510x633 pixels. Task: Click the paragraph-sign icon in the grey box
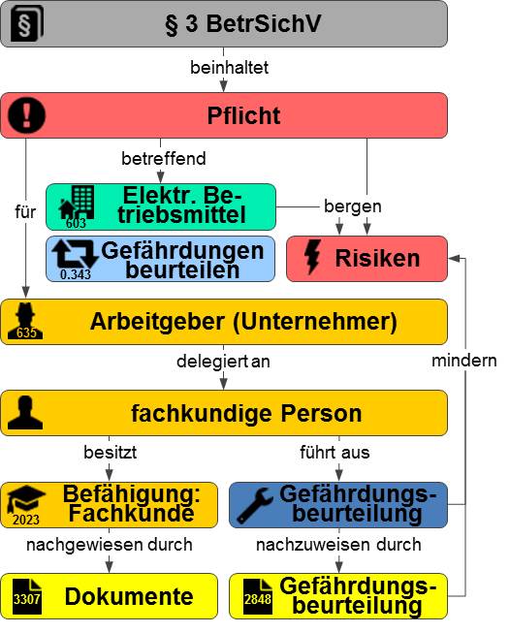[x=26, y=23]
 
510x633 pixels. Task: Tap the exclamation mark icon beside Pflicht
[x=26, y=115]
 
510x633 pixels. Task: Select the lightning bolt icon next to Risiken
[x=313, y=257]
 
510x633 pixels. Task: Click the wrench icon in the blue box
[x=254, y=505]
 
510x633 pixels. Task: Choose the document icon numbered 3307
[x=27, y=596]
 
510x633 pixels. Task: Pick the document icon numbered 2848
[x=257, y=596]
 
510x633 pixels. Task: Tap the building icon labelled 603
[x=77, y=206]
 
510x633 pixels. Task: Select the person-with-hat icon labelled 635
[x=25, y=321]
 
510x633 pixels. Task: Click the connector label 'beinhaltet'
[x=230, y=68]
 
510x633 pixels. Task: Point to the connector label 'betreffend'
[x=164, y=158]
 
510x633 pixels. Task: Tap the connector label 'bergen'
[x=353, y=206]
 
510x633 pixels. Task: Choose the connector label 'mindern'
[x=464, y=361]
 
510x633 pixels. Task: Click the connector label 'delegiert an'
[x=223, y=362]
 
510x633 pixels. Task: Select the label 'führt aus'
[x=335, y=452]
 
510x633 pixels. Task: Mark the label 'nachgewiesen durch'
[x=109, y=545]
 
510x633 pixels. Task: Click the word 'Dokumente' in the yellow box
[x=129, y=596]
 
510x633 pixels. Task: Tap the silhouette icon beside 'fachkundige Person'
[x=25, y=412]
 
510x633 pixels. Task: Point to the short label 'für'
[x=25, y=212]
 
